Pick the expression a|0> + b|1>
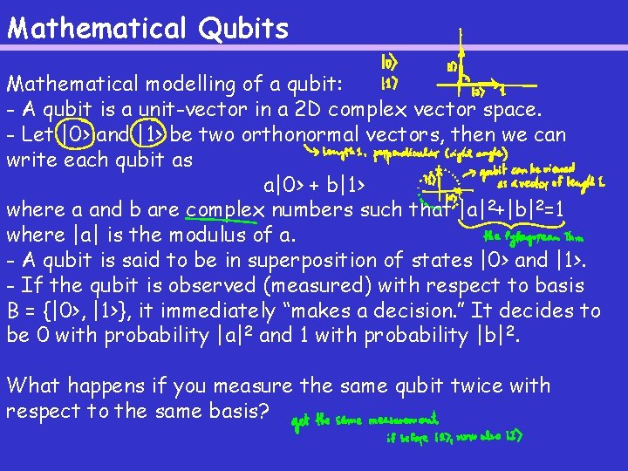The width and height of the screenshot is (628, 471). tap(315, 185)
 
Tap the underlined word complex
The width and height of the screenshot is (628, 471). tap(226, 210)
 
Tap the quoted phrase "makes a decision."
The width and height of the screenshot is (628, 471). tap(397, 311)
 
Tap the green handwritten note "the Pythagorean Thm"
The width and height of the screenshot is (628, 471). tap(531, 235)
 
